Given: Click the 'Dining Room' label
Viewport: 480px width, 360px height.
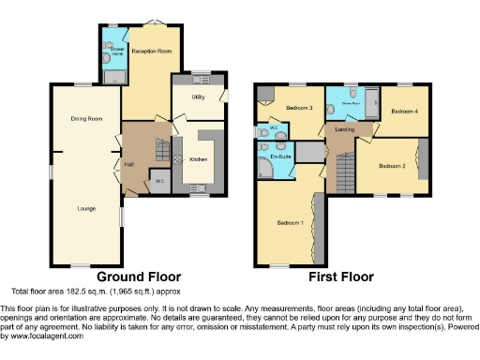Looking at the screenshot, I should pos(85,119).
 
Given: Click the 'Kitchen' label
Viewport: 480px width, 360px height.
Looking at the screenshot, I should pos(199,160).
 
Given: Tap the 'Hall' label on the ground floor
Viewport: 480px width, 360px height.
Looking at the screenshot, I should pos(129,163).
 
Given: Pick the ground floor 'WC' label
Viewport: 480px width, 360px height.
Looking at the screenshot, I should pos(159,180).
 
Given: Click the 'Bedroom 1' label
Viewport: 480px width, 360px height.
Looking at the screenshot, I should pos(290,222).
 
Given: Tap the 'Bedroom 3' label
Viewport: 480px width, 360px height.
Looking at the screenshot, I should pos(299,108).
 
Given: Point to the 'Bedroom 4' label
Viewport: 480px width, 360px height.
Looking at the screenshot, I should pos(404,112).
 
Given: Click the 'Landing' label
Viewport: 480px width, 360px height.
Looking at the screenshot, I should pos(343,130).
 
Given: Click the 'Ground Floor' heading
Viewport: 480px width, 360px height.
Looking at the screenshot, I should pos(139,277).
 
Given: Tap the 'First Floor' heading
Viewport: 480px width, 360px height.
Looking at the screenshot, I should pos(341,277).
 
